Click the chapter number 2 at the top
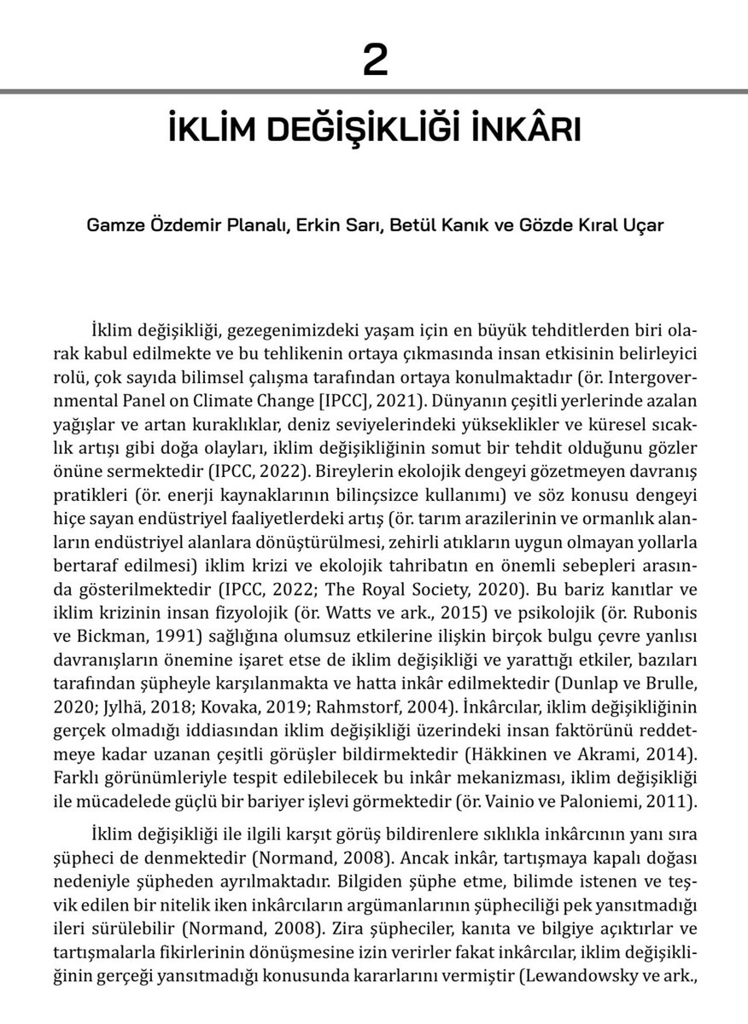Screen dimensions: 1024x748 tap(374, 61)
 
